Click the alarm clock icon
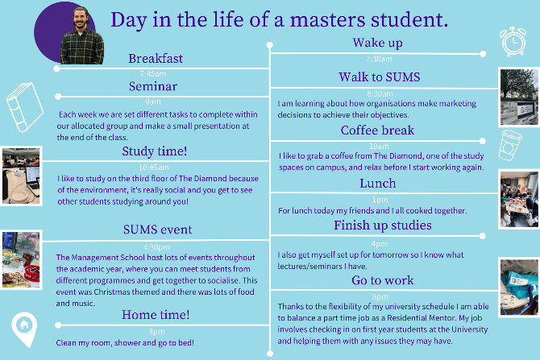513,42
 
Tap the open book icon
25,107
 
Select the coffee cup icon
510,145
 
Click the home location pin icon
24,329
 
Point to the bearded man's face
81,19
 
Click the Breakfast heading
156,59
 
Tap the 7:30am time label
379,59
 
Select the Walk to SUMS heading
379,77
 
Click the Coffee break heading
377,130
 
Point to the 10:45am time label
154,168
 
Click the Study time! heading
155,151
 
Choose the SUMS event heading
158,230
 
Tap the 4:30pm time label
156,247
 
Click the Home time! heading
156,315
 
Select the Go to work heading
383,280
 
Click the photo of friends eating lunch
519,199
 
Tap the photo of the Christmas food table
21,259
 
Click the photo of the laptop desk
21,176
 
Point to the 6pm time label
380,296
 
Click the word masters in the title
327,19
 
